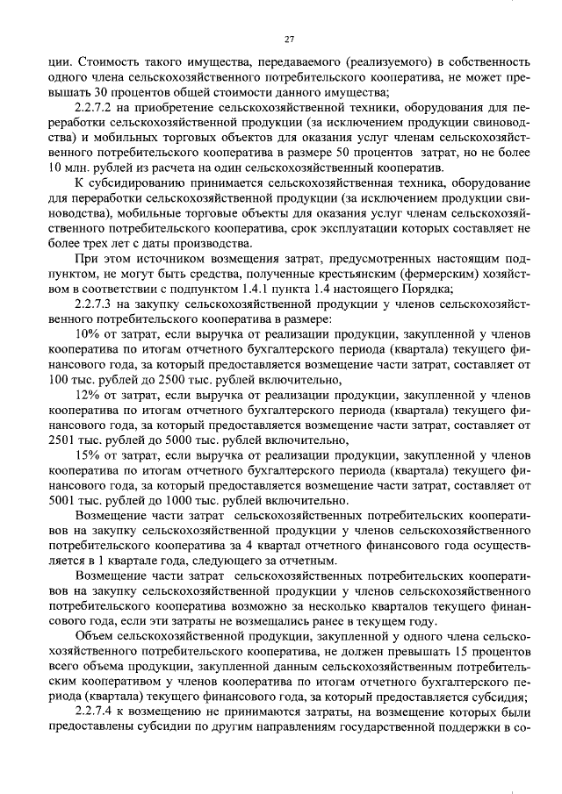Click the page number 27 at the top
pyautogui.click(x=290, y=39)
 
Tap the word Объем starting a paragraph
pyautogui.click(x=97, y=636)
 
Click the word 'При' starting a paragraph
pyautogui.click(x=88, y=260)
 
